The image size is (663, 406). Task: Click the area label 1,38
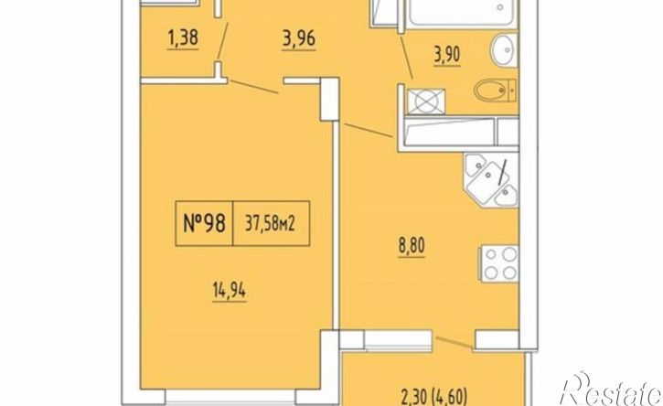tap(183, 39)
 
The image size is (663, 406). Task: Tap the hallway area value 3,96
tap(298, 39)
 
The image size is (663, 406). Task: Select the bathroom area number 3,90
tap(446, 55)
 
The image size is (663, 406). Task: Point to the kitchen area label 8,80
tap(411, 246)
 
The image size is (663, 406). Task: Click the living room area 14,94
tap(229, 291)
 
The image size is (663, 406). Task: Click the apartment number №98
tap(204, 223)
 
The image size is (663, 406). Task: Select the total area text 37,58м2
tap(271, 223)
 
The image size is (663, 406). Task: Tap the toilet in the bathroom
tap(495, 91)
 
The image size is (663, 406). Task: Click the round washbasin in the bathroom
tap(504, 50)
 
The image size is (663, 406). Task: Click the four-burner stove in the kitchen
tap(499, 263)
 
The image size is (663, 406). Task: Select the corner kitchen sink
tap(491, 180)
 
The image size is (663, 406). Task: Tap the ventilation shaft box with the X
tap(426, 101)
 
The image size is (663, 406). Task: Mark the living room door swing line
tap(253, 86)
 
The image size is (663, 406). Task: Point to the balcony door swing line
tap(454, 342)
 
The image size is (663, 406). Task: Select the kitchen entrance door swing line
tap(368, 130)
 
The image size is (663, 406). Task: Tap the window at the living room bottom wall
tap(230, 396)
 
